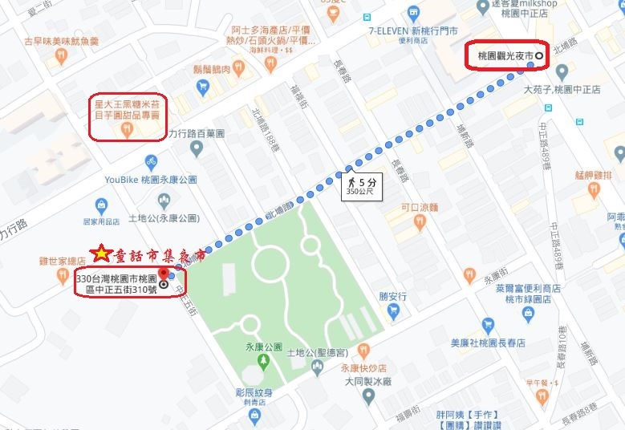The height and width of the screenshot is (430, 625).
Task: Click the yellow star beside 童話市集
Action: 101,255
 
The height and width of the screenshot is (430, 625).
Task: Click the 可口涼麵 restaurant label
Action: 421,207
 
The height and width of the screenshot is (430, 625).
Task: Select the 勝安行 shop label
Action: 393,294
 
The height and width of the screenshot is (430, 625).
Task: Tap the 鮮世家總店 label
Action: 63,261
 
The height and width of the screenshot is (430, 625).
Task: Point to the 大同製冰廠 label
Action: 367,383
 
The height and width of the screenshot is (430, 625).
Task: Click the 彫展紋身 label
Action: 254,393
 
